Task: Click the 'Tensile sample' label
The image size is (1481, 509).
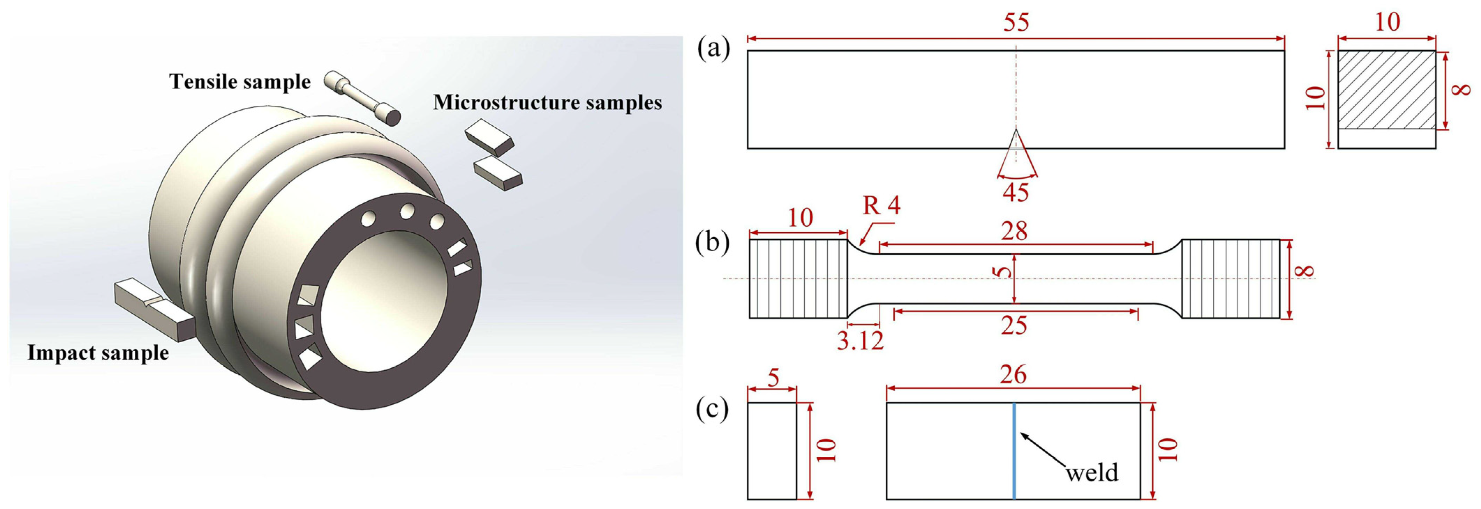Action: coord(240,82)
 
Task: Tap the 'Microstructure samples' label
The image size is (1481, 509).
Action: coord(547,103)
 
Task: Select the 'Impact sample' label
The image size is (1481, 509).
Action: coord(98,353)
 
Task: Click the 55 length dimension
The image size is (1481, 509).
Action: coord(1016,23)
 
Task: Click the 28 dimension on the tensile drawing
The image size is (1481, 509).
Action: coord(1014,232)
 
